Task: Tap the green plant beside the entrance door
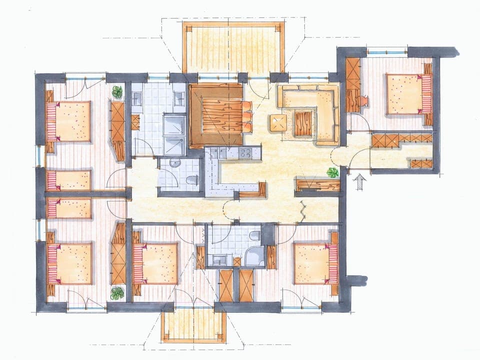[x=332, y=172]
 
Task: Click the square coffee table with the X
[x=278, y=123]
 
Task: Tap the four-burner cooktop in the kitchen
[x=245, y=153]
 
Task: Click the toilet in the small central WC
[x=191, y=179]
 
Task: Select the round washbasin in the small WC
[x=175, y=162]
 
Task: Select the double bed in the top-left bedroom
[x=70, y=121]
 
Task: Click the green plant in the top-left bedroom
[x=117, y=92]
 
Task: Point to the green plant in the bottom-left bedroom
[x=117, y=293]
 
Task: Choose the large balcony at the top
[x=233, y=47]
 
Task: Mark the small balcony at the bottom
[x=194, y=324]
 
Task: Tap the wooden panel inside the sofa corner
[x=303, y=123]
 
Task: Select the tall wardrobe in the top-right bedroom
[x=353, y=85]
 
